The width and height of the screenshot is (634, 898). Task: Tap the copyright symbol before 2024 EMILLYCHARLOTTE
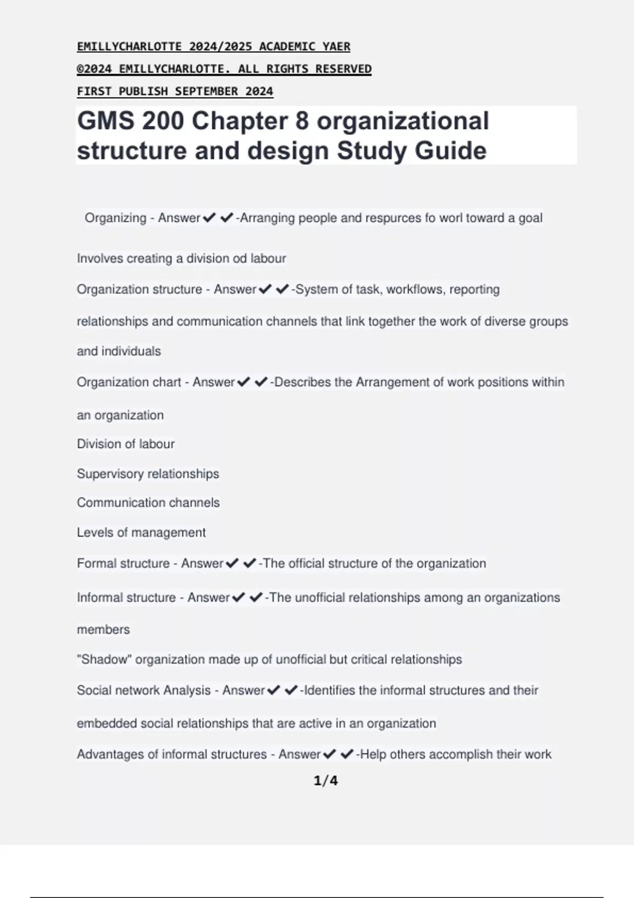[80, 69]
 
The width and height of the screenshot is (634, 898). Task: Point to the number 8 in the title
[302, 121]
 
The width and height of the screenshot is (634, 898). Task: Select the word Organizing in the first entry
[115, 218]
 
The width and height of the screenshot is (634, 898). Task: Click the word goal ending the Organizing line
[530, 218]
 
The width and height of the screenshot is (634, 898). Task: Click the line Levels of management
[141, 532]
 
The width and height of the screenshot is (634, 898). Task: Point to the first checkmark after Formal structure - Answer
[232, 564]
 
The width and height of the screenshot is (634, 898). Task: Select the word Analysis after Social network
[187, 690]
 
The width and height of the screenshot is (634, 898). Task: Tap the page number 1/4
[325, 781]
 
